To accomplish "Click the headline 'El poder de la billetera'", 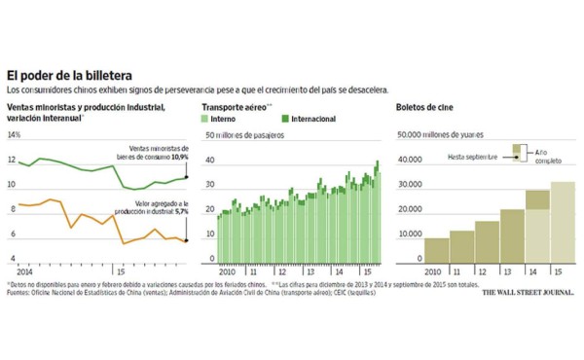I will (70, 75).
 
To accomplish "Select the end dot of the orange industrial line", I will (187, 239).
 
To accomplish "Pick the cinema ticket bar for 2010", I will (436, 250).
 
